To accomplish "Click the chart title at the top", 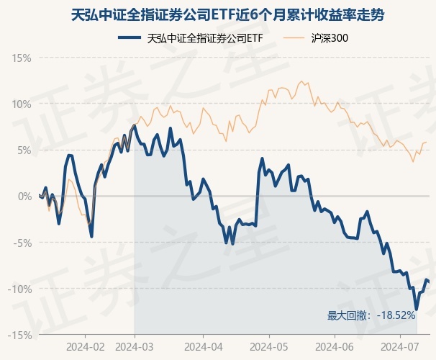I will pyautogui.click(x=218, y=14).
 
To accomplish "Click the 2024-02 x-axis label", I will pyautogui.click(x=85, y=346).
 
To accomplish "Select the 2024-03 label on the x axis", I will pyautogui.click(x=135, y=346).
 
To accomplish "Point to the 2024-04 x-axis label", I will pyautogui.click(x=203, y=346).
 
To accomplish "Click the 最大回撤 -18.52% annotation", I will pyautogui.click(x=371, y=315).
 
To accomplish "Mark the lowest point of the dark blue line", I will pyautogui.click(x=417, y=309).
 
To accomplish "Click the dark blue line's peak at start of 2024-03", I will pyautogui.click(x=135, y=126).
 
